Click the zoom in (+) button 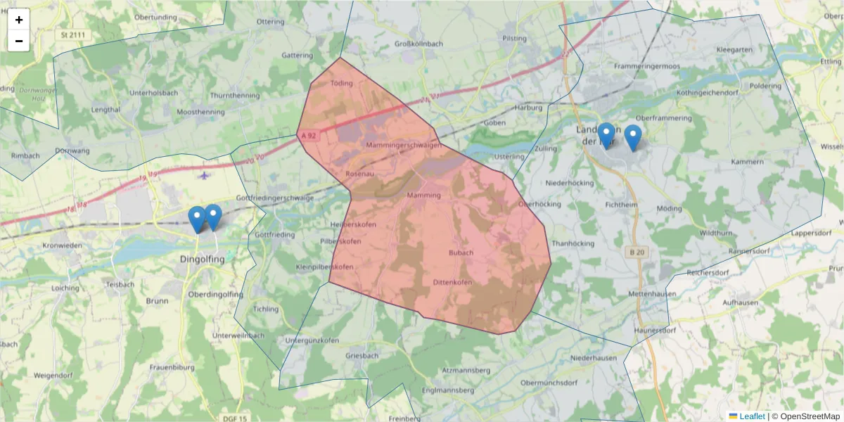(x=19, y=20)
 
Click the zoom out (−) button (x=19, y=41)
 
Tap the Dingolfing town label (x=202, y=260)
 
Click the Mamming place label (x=423, y=196)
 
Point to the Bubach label (x=461, y=252)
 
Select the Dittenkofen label (x=452, y=283)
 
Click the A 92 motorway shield (x=307, y=135)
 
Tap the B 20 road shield (x=635, y=251)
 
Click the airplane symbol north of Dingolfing (x=204, y=175)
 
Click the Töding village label (x=341, y=84)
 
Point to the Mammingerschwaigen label (x=404, y=145)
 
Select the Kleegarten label (x=734, y=51)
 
